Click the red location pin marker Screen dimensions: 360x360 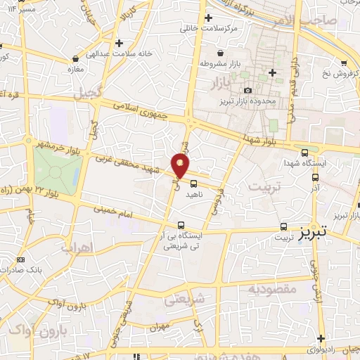(x=181, y=166)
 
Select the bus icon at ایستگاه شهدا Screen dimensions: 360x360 (x=304, y=153)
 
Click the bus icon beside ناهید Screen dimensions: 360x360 (x=193, y=184)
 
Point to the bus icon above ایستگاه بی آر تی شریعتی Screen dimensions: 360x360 (x=181, y=226)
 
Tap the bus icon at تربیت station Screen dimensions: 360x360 (x=284, y=226)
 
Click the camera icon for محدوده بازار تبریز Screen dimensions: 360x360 (x=247, y=90)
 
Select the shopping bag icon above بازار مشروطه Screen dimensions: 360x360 (x=221, y=53)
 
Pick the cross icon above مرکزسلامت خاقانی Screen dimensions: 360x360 (x=207, y=18)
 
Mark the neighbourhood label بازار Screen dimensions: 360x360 (x=221, y=84)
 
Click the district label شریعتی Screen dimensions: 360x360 (x=184, y=300)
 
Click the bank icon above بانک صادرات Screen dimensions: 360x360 (x=20, y=260)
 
